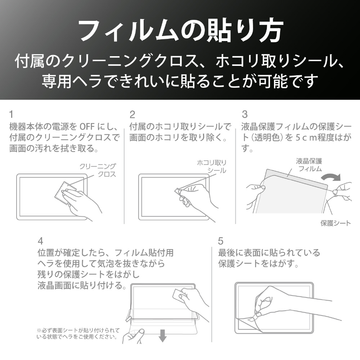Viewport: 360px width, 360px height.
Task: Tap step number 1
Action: point(11,114)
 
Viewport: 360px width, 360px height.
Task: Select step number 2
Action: point(132,114)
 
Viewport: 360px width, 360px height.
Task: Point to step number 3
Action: point(245,114)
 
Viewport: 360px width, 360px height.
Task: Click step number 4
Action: point(40,241)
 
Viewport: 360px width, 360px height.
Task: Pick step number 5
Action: point(221,241)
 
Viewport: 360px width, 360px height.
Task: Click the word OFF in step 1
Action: point(87,126)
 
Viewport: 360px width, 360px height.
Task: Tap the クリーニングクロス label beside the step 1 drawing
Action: point(98,170)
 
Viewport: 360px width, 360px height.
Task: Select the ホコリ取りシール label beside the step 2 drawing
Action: point(212,167)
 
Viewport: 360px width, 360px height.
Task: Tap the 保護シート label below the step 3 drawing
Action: point(336,223)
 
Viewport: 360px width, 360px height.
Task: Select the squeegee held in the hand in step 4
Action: point(178,295)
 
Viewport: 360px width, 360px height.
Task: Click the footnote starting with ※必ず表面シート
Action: point(78,334)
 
